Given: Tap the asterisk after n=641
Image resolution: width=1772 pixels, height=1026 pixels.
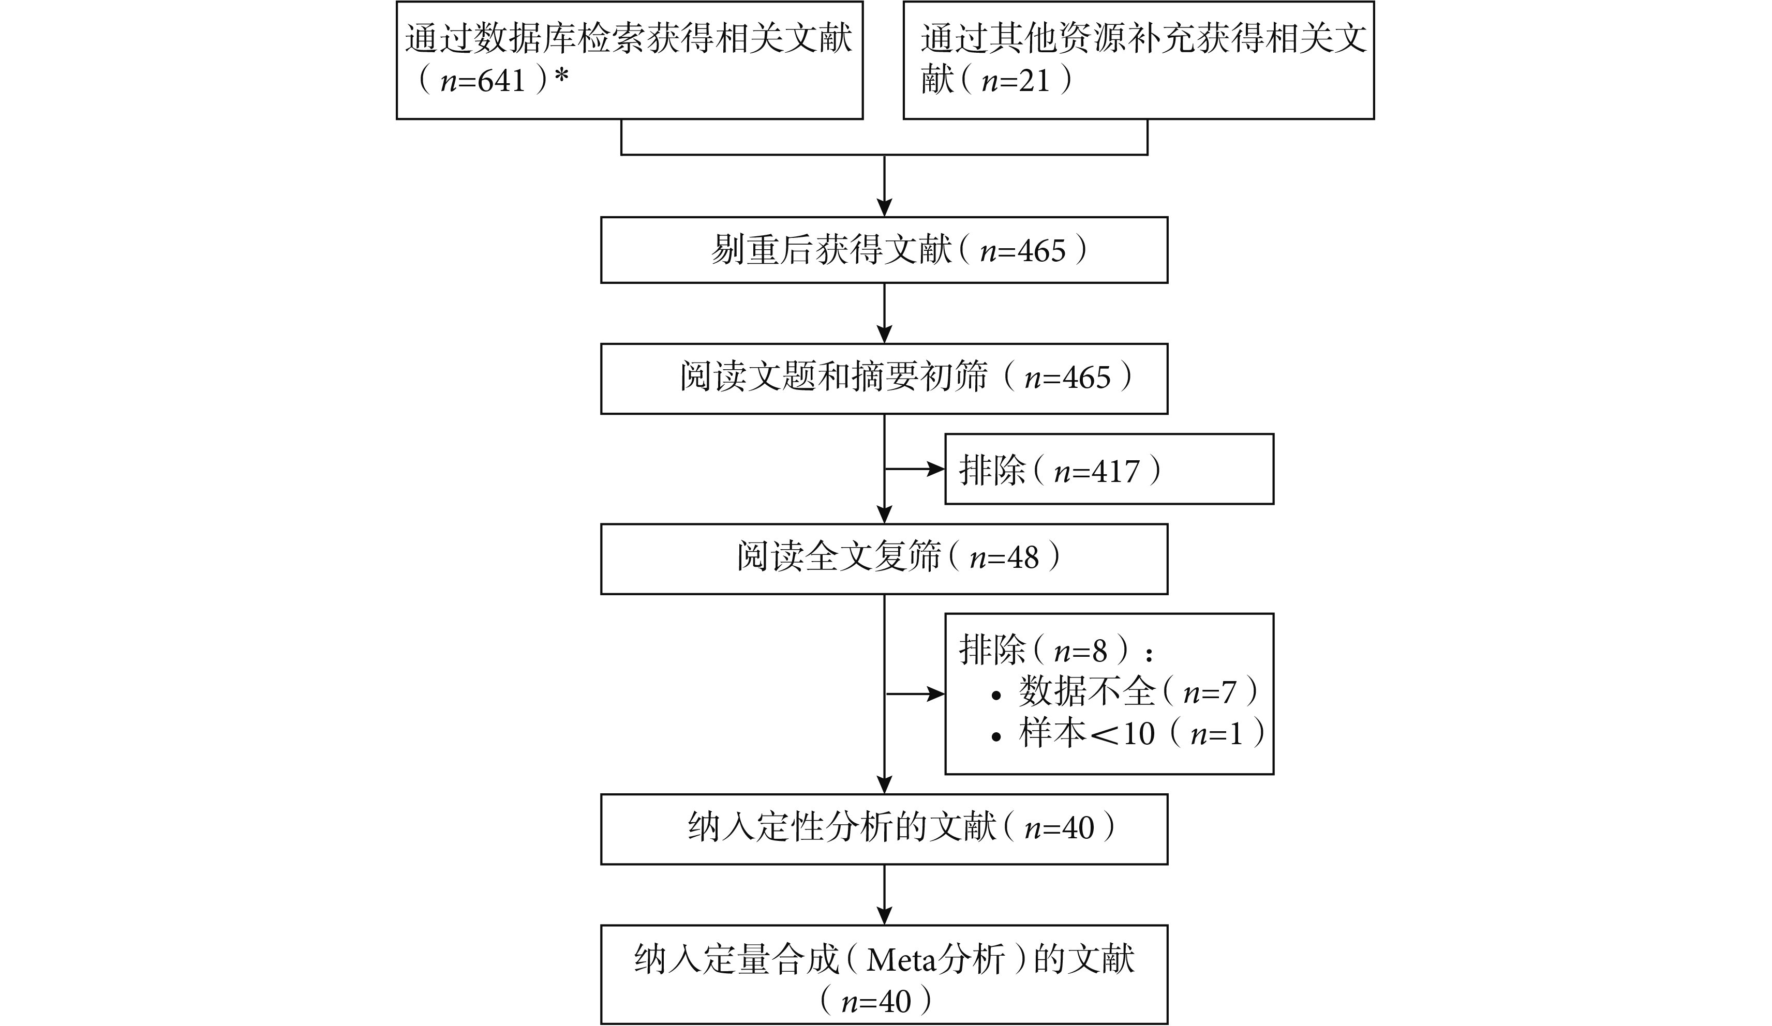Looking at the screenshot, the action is [x=561, y=77].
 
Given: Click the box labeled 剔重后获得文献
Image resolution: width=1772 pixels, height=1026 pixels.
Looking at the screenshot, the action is [x=884, y=250].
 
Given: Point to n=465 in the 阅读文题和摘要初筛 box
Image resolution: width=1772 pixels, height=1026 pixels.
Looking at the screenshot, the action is [x=1067, y=378].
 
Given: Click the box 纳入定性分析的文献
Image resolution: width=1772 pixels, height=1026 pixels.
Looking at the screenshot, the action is [x=884, y=829].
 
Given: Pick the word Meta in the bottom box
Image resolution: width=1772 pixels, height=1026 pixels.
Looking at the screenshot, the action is [x=902, y=960].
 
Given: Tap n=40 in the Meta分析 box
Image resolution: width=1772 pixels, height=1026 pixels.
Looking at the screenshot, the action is [x=876, y=1001].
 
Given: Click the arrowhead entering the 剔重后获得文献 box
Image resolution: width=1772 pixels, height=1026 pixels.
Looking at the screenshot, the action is [x=884, y=208].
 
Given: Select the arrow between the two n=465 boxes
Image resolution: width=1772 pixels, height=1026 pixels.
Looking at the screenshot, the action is [x=884, y=313].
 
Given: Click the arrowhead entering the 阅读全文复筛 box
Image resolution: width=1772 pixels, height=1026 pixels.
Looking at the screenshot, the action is [x=884, y=515].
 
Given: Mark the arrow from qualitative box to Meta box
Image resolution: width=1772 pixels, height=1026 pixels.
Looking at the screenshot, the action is [x=884, y=895].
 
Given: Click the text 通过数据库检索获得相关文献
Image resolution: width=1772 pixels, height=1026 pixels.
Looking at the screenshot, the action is [x=629, y=38].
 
